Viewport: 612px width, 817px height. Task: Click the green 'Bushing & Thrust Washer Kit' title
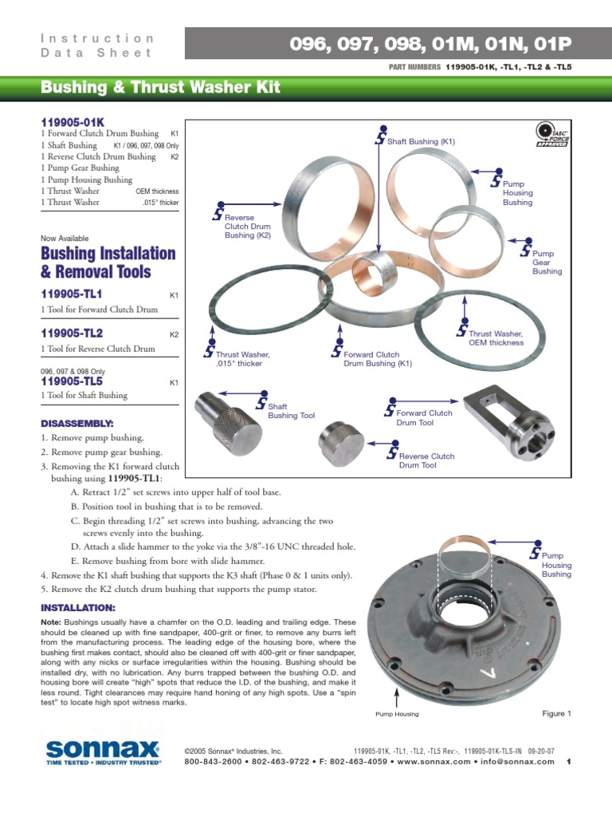click(160, 87)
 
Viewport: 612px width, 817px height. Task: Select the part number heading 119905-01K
click(73, 122)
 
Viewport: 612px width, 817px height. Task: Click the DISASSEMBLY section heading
click(77, 422)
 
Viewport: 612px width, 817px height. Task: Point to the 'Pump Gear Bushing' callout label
click(547, 262)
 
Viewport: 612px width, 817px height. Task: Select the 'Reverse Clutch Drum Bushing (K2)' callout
click(247, 227)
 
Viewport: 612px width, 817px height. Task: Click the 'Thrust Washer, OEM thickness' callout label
click(496, 338)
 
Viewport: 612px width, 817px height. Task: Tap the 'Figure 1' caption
click(557, 713)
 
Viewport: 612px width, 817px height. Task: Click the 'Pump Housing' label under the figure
click(397, 714)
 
